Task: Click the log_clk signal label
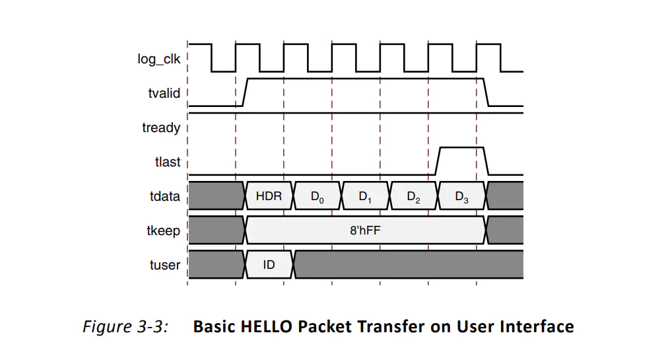click(159, 59)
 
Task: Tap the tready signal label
click(161, 127)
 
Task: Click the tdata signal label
click(164, 196)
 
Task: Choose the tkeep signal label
click(163, 231)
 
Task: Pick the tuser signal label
click(164, 265)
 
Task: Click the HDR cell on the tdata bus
click(269, 196)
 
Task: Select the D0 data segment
click(317, 196)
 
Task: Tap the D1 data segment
click(366, 196)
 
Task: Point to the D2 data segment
click(414, 196)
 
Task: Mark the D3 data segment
click(462, 196)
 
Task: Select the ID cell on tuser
click(269, 265)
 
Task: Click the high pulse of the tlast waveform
click(461, 148)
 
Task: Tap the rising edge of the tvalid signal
click(245, 92)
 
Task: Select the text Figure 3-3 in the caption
click(125, 326)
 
